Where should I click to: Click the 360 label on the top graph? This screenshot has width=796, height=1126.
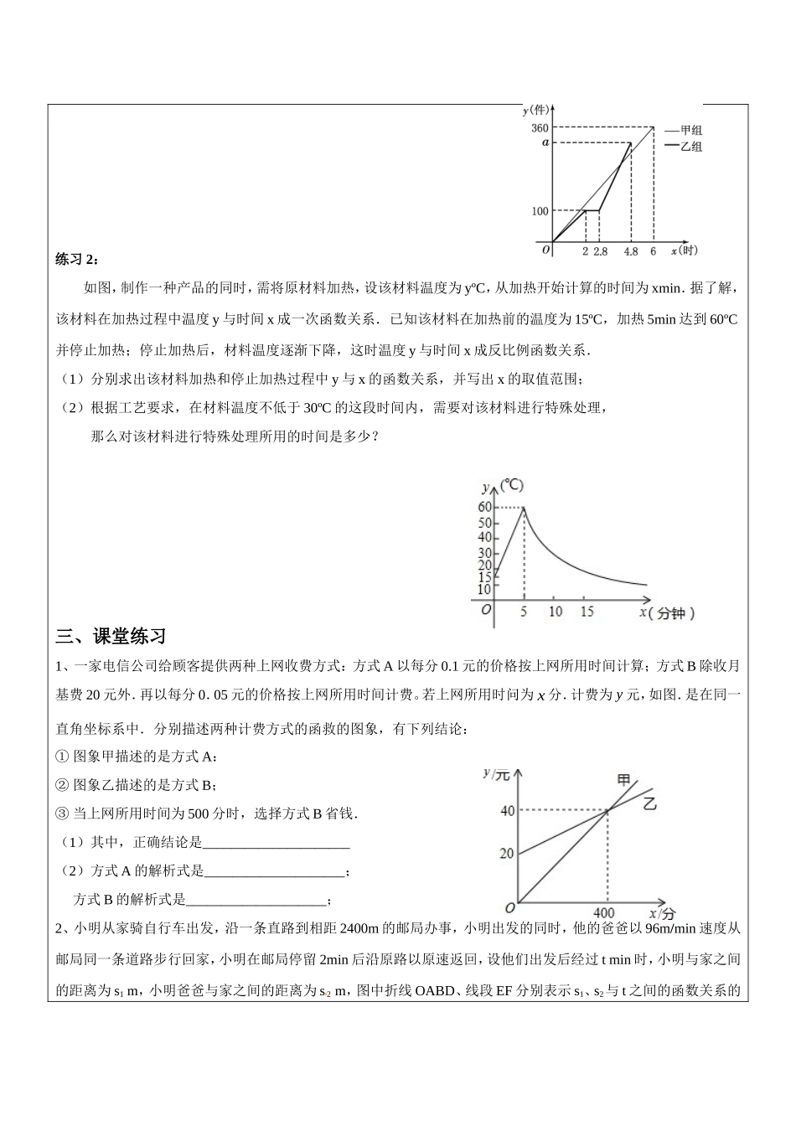540,128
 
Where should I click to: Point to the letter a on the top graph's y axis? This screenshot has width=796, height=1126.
545,142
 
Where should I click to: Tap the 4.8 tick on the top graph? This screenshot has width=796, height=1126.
631,251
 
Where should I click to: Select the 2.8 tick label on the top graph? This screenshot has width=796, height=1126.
600,251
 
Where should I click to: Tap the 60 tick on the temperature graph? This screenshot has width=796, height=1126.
484,507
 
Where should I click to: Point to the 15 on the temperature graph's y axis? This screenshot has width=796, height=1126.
484,577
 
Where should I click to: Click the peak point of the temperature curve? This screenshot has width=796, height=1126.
524,507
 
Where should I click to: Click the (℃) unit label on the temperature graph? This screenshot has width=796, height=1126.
511,485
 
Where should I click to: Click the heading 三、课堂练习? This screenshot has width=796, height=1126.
111,636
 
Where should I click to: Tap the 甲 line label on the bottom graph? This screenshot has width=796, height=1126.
624,780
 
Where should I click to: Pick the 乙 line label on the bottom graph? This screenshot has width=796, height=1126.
650,803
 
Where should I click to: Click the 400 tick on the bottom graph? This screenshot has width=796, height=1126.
603,912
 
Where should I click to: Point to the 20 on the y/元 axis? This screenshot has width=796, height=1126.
506,854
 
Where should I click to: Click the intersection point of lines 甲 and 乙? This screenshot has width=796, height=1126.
606,810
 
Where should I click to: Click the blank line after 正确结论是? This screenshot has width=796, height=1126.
277,842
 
